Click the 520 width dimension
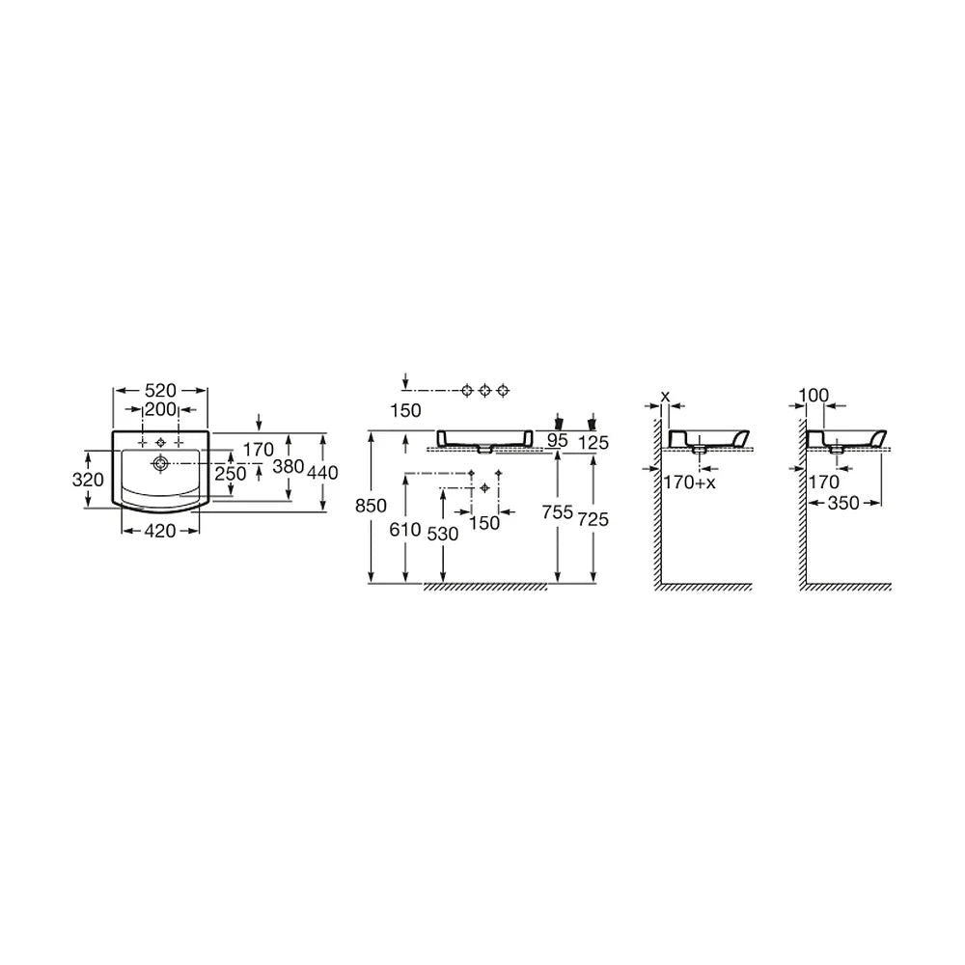(160, 390)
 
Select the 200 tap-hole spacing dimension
(160, 409)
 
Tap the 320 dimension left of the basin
(88, 480)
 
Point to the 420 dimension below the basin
(160, 531)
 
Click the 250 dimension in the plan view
(231, 473)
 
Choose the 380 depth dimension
(289, 466)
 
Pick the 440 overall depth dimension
(322, 473)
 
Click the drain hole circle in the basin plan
(161, 463)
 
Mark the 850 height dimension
(372, 506)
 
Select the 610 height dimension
(405, 529)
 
